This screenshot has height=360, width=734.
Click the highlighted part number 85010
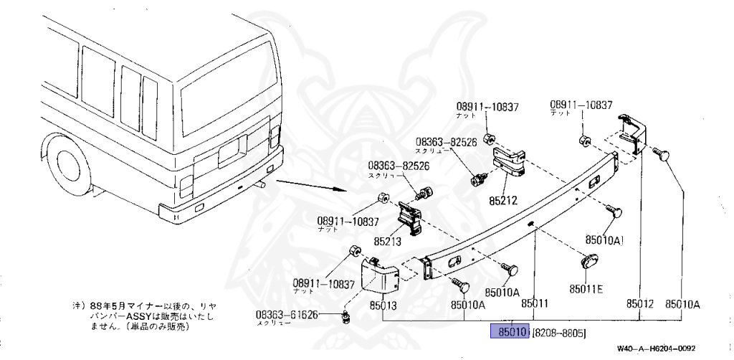(x=509, y=332)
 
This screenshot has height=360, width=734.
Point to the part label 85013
(x=383, y=305)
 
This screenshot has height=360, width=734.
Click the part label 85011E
(x=586, y=289)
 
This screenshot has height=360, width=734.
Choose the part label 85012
(x=640, y=304)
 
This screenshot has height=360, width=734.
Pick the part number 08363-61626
(x=287, y=315)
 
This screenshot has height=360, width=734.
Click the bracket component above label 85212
(x=509, y=159)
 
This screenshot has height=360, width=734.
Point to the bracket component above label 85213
(x=409, y=217)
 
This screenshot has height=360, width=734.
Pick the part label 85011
(x=535, y=304)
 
